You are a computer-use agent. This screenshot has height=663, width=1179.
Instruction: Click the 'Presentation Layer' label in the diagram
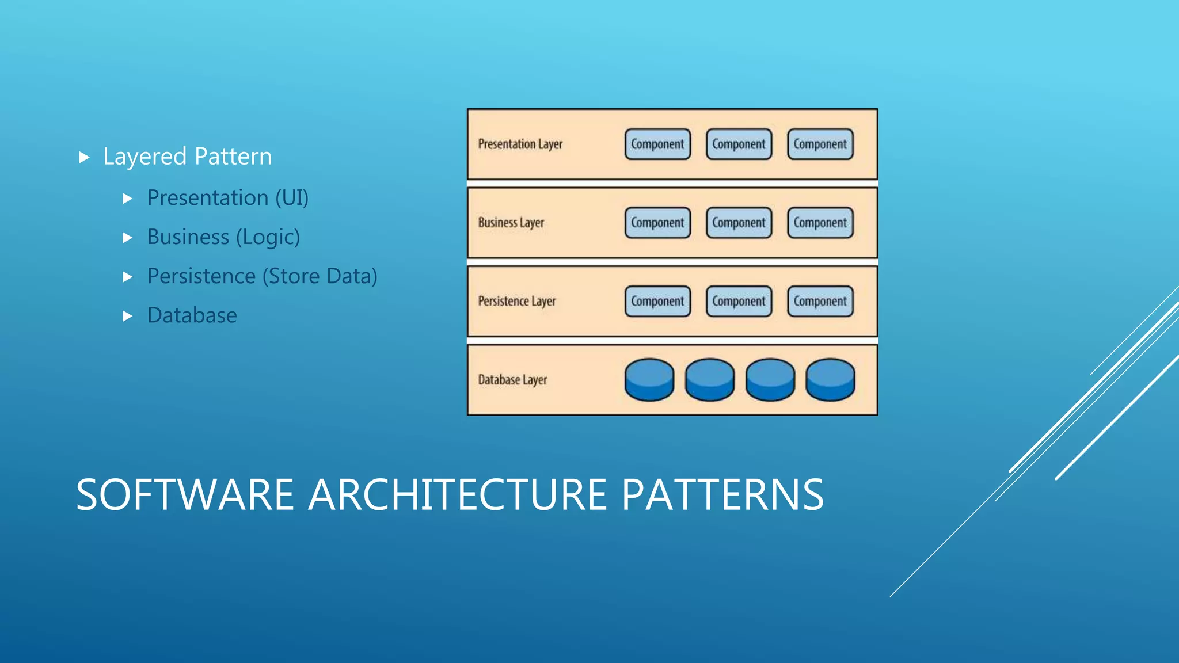pos(520,144)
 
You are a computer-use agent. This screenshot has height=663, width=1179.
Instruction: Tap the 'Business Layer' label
pos(511,223)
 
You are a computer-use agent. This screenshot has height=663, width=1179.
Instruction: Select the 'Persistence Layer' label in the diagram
pos(516,301)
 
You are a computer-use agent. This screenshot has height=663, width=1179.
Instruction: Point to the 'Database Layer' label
pos(512,380)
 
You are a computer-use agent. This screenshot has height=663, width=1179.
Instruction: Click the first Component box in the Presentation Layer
pos(657,144)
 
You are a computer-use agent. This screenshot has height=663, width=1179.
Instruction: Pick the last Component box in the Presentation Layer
pos(820,144)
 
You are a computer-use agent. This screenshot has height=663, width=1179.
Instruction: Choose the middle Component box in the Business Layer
pos(739,223)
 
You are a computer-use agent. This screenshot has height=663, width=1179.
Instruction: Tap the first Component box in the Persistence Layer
pos(657,301)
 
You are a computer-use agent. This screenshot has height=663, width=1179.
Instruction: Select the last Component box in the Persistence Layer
pos(820,301)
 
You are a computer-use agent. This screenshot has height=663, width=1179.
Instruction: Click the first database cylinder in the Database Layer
pos(649,380)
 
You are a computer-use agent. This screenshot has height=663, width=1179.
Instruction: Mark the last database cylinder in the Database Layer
pos(830,380)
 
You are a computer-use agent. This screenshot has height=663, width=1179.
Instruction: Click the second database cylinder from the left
pos(709,380)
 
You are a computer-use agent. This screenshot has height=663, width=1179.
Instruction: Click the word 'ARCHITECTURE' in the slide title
pos(458,495)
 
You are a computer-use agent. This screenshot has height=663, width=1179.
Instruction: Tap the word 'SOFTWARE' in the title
pos(185,495)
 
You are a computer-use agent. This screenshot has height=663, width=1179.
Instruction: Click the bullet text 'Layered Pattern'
pos(187,157)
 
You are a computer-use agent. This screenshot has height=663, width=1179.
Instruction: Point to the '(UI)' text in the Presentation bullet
pos(292,198)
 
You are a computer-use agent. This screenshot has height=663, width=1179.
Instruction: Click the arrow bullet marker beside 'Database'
pos(128,316)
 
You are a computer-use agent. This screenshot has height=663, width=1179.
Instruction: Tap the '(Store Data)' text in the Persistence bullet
pos(320,276)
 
